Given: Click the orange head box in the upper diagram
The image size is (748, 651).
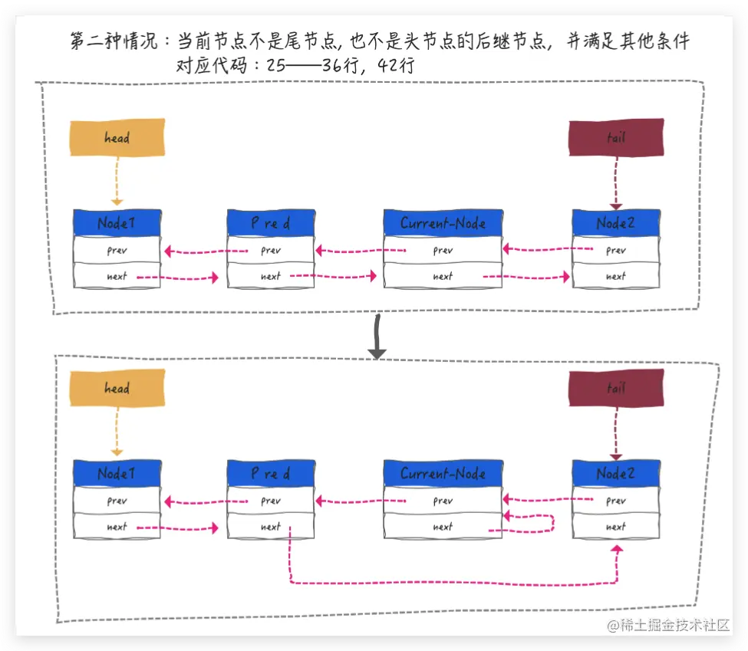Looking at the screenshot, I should (x=117, y=138).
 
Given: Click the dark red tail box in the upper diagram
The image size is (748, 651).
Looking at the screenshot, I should (x=615, y=138).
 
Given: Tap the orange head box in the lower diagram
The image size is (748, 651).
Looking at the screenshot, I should (x=117, y=389).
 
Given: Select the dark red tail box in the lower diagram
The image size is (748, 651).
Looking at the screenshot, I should (x=615, y=389).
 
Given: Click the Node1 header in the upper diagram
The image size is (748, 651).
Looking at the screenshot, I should (x=117, y=223).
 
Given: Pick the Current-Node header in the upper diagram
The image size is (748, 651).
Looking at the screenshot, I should (x=443, y=223).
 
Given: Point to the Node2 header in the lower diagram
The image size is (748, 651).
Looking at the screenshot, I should (x=615, y=474).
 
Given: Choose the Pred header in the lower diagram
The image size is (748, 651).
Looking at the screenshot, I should (x=270, y=474).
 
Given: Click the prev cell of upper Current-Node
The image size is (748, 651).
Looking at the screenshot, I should (x=443, y=250).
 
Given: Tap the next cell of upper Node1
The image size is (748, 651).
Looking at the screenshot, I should (x=117, y=276).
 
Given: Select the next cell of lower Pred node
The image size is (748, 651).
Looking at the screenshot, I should (x=270, y=527).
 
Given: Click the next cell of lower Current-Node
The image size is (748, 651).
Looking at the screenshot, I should (x=443, y=527).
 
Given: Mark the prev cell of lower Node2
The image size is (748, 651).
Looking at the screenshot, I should (x=615, y=501).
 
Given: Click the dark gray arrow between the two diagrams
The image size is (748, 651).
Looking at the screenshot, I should (x=377, y=338).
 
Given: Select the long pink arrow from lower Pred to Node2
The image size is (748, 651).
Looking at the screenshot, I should (x=453, y=584).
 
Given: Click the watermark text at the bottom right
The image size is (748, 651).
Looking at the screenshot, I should (x=668, y=626).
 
